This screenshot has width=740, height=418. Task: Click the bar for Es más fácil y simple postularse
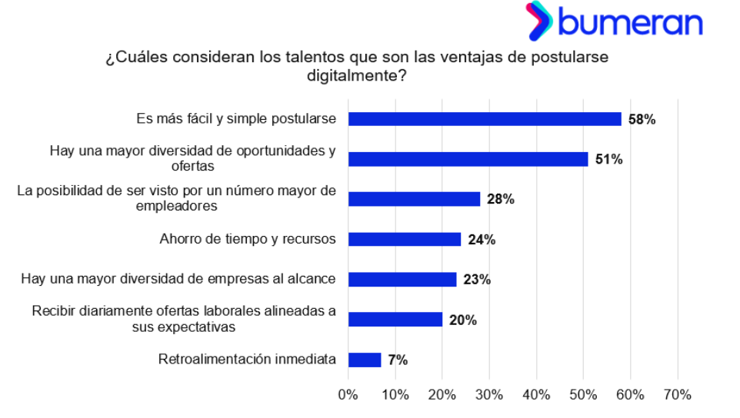(x=485, y=119)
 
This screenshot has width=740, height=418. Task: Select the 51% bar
(x=468, y=159)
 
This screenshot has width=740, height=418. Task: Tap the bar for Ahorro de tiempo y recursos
(x=405, y=239)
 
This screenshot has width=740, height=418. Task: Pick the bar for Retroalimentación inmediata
(x=365, y=360)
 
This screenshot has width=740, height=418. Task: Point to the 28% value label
(x=500, y=199)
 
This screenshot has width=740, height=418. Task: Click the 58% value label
(x=642, y=119)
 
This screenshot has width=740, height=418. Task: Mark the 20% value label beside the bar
(x=462, y=320)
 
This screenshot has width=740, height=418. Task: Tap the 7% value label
(x=398, y=360)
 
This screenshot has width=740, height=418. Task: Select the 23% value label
(x=477, y=279)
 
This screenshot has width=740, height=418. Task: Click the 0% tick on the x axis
(x=348, y=395)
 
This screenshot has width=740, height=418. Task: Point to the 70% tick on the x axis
(x=677, y=395)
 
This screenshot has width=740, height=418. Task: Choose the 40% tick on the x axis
(x=536, y=395)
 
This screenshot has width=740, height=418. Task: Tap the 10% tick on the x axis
(x=395, y=395)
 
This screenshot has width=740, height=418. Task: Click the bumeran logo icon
(x=538, y=21)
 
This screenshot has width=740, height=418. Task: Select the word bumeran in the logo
(x=631, y=23)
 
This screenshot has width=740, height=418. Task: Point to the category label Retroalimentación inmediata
(x=247, y=359)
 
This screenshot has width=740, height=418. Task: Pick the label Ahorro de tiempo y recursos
(x=248, y=239)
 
